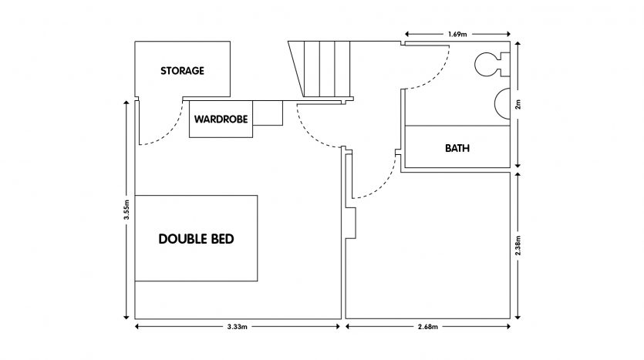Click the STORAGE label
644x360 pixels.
(182, 71)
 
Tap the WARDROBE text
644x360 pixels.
(220, 119)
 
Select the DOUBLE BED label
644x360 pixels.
(196, 239)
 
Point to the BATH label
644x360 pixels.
(457, 147)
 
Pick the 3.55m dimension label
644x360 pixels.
(125, 210)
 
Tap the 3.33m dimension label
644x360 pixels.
(237, 327)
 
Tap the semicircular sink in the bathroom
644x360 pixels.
(502, 103)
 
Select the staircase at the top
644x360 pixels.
(319, 69)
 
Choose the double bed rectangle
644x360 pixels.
(196, 239)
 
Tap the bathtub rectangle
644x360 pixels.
(457, 146)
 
